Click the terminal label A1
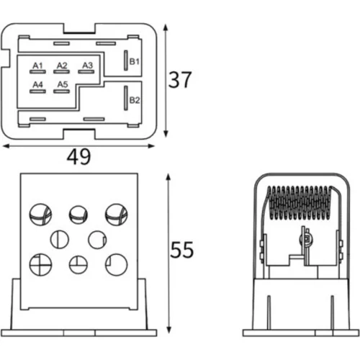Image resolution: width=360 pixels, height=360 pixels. [37, 66]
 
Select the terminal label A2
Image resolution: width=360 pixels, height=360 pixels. [62, 66]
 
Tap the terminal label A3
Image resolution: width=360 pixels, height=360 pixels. [87, 66]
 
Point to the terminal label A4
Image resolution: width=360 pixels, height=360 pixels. [37, 84]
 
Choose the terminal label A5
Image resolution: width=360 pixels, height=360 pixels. [63, 84]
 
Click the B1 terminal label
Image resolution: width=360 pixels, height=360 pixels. [135, 62]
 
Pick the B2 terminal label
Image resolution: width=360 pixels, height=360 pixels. [135, 100]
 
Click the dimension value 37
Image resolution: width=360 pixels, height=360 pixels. [180, 80]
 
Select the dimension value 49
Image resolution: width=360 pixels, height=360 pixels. [78, 157]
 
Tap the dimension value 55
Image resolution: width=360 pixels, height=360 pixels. [181, 250]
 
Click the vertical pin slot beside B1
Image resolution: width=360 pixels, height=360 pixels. [126, 60]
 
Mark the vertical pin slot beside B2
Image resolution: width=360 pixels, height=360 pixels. [126, 98]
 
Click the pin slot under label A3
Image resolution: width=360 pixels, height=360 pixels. [86, 71]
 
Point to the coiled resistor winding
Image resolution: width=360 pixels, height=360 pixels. [300, 203]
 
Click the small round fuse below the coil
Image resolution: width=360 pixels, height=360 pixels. [307, 240]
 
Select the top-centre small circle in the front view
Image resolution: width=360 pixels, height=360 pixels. [78, 215]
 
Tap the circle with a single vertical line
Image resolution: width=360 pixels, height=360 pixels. [60, 240]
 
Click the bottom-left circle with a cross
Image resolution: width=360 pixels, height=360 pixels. [40, 265]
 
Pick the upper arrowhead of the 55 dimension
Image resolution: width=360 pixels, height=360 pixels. [168, 177]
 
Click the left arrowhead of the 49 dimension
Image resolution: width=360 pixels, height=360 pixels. [6, 146]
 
